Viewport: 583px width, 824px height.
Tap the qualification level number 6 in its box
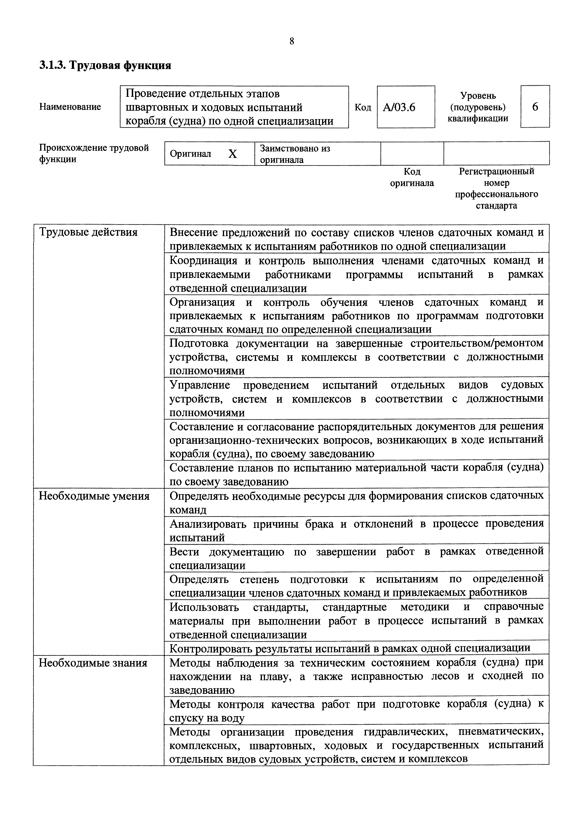[535, 107]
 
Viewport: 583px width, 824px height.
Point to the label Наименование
[70, 107]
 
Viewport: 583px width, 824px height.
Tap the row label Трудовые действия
[88, 232]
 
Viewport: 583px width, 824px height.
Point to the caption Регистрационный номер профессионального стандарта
[497, 188]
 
